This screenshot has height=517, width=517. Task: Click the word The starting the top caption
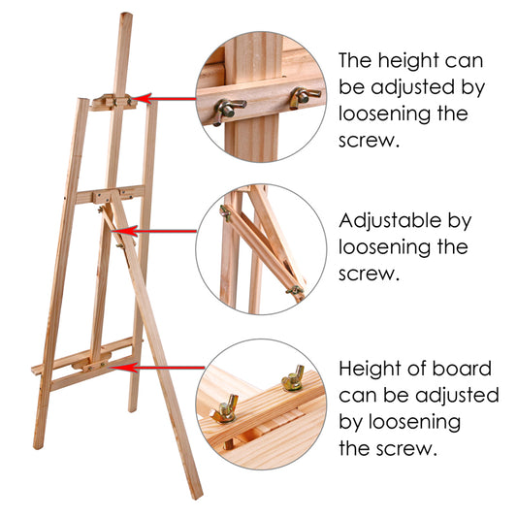pos(359,60)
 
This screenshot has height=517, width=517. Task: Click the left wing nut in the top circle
pos(225,109)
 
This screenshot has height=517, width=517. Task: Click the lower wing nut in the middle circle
pos(292,288)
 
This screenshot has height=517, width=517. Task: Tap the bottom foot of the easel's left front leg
pos(38,446)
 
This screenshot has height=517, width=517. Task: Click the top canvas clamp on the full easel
pos(114,101)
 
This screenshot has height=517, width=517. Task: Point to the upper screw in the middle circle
pos(225,211)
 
